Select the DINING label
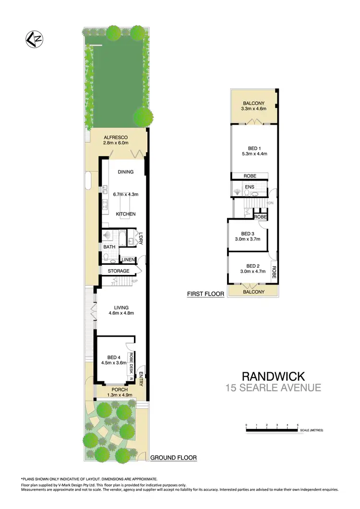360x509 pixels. coord(125,172)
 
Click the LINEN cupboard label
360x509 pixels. coord(127,260)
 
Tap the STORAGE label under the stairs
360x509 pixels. coord(118,272)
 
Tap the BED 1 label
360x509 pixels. coord(254,148)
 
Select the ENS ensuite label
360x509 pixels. coord(250,186)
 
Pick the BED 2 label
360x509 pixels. coord(253,266)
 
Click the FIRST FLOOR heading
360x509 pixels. coord(205,294)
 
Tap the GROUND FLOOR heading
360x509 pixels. coord(173,458)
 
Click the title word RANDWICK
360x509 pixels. coord(273,376)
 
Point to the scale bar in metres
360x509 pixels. coord(272,430)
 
